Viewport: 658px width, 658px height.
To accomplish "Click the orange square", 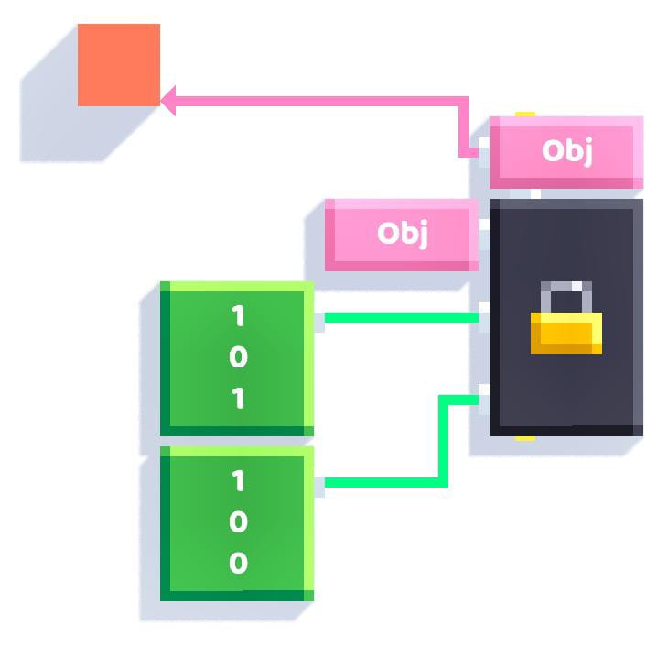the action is pos(119,65).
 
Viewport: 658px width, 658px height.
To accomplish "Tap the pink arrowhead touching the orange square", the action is pos(168,101).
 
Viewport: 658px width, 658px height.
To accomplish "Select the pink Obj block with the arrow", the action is pos(566,152).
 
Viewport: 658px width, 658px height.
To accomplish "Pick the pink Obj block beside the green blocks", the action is pos(402,235).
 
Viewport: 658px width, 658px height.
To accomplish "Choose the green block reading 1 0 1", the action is pos(237,359).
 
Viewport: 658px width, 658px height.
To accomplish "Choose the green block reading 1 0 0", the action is pos(237,523).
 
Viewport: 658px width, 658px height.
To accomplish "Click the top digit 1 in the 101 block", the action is pos(238,315).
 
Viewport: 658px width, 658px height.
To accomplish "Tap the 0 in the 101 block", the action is pos(238,356).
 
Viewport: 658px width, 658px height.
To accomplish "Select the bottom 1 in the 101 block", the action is pos(238,398).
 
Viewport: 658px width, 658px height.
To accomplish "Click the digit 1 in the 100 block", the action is pos(238,480).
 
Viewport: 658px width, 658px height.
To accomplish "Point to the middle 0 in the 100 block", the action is pos(238,521).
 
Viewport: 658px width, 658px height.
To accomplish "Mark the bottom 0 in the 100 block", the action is pos(238,563).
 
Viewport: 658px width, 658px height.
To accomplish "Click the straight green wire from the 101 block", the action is pos(402,317).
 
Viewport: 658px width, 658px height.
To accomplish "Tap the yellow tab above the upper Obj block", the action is pos(525,114).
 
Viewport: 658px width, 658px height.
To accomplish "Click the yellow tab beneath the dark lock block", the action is pos(525,439).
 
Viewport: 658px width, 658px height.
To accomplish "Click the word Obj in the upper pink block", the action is pos(567,150).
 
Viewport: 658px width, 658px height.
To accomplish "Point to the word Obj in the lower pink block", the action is pos(403,233).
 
